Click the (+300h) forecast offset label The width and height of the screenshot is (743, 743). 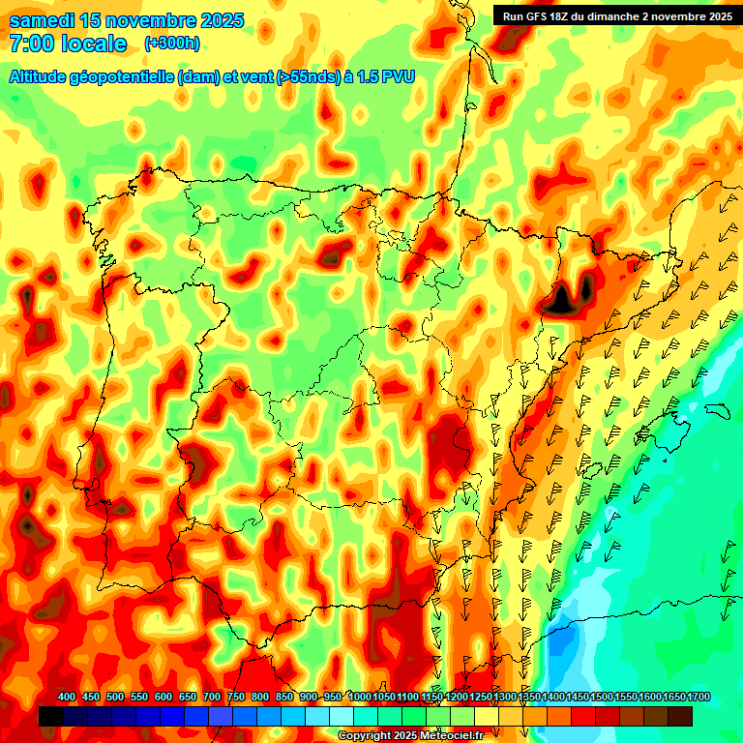pyautogui.click(x=171, y=44)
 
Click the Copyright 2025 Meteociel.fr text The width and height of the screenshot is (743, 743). pyautogui.click(x=411, y=736)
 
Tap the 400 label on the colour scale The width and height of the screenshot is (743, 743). pyautogui.click(x=67, y=698)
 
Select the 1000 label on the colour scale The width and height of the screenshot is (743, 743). pyautogui.click(x=359, y=698)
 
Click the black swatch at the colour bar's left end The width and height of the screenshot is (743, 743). pyautogui.click(x=51, y=716)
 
